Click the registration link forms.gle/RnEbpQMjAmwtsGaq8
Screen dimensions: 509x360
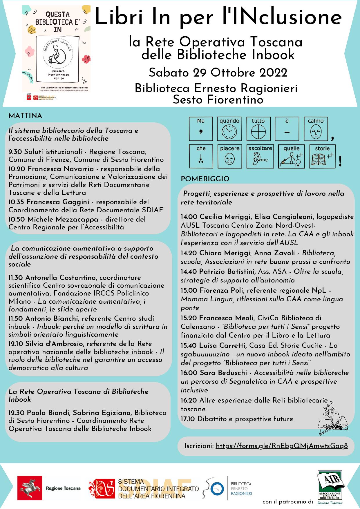tap(282, 446)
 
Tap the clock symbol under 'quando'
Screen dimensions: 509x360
tap(229, 132)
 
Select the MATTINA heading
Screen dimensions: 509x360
tap(26, 116)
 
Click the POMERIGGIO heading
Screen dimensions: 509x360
tap(205, 179)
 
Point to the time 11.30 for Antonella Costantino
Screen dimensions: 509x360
tap(16, 278)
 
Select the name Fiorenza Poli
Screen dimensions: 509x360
tap(222, 290)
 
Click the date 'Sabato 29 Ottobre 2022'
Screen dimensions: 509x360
tap(218, 73)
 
